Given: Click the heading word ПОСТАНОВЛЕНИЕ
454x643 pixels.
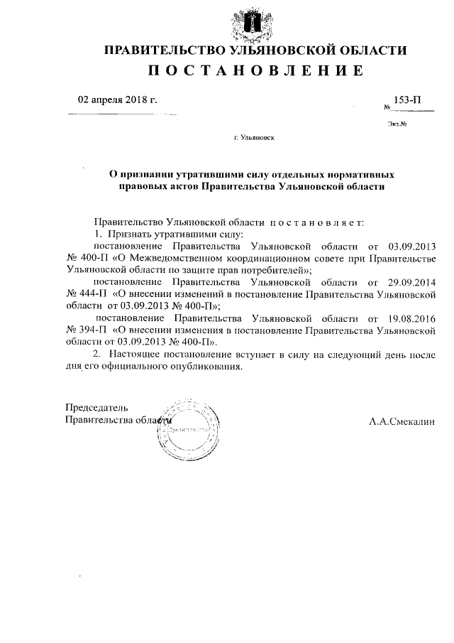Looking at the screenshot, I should pyautogui.click(x=255, y=71).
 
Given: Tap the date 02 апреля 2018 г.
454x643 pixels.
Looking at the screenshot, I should pyautogui.click(x=117, y=99).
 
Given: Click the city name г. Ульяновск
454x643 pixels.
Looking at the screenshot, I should pyautogui.click(x=254, y=139).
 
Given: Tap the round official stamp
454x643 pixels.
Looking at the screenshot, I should pyautogui.click(x=189, y=431).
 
